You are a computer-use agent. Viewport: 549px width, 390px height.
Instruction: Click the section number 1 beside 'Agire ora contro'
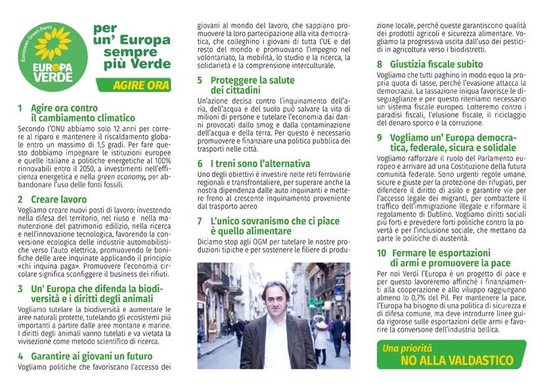tap(20, 108)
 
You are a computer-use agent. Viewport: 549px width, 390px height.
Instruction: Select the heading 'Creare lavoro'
tap(58, 199)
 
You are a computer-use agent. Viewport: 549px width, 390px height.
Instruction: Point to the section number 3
tap(20, 289)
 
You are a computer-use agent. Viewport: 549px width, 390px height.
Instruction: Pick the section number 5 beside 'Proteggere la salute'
tap(200, 81)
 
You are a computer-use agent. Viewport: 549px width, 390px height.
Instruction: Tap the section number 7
tap(200, 222)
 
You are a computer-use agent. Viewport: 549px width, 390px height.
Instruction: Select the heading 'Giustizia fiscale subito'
tap(436, 64)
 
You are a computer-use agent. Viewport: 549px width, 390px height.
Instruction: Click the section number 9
tap(380, 138)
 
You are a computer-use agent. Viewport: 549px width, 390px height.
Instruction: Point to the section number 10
tap(382, 253)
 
